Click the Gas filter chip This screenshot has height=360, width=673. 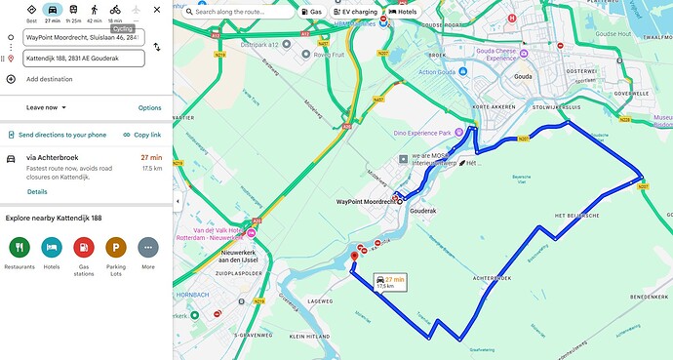[x=312, y=12]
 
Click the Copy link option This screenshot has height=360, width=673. [x=141, y=135]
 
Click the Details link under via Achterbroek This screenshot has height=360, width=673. [x=37, y=191]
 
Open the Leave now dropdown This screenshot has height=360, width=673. [x=47, y=107]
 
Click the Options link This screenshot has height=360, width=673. [x=149, y=107]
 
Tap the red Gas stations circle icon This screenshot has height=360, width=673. [x=84, y=248]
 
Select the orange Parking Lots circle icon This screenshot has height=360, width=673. [x=116, y=248]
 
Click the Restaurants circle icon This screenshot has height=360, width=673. [x=20, y=248]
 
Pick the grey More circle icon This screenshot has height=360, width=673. [x=148, y=248]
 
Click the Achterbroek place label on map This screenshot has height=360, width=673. [x=494, y=277]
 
